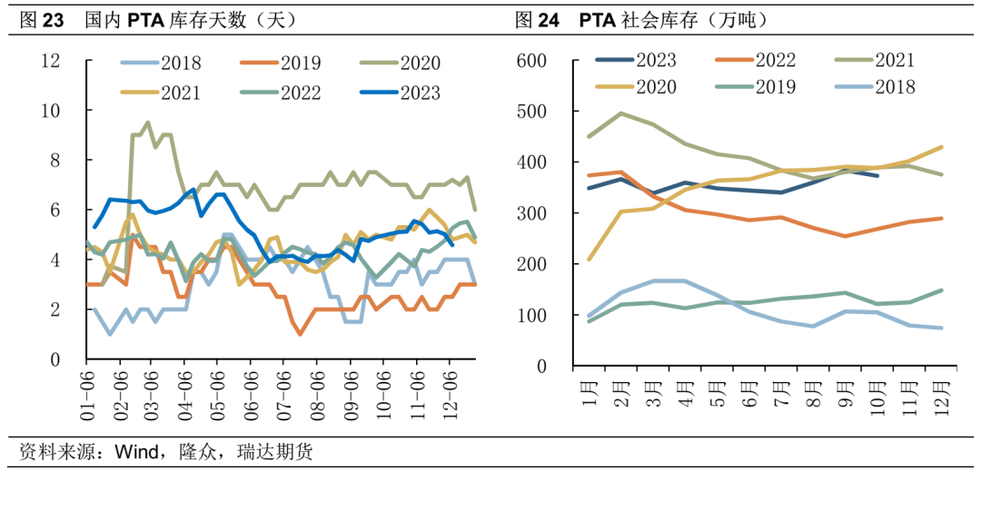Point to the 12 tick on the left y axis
point(51,61)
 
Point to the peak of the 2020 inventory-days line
point(148,123)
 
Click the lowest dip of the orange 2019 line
point(300,335)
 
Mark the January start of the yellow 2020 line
point(591,260)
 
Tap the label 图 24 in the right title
point(537,19)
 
